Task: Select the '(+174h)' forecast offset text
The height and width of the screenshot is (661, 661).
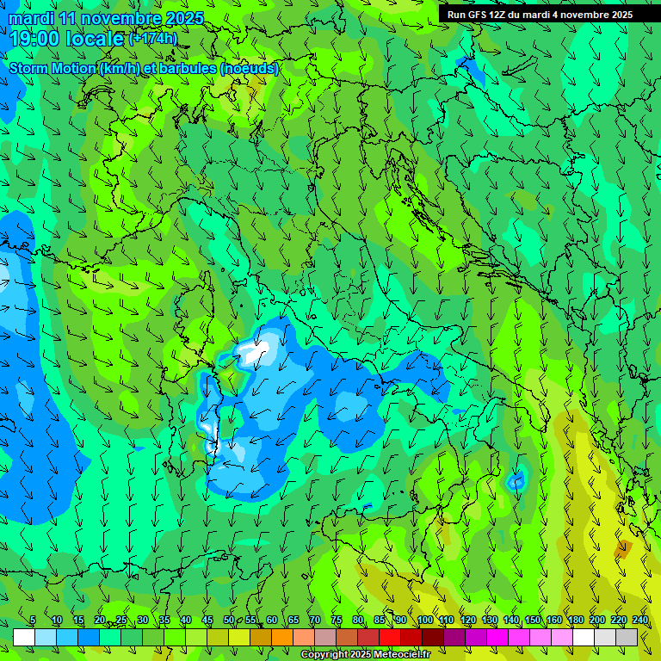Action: point(152,39)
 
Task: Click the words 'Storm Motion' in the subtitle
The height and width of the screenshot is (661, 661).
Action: point(52,68)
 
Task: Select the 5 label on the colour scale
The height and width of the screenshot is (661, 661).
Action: point(33,621)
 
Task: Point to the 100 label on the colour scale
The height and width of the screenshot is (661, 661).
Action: point(424,621)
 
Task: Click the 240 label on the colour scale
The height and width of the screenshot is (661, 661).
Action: point(639,621)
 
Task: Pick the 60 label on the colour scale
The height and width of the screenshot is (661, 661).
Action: point(271,621)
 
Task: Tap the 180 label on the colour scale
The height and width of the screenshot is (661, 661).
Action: point(575,621)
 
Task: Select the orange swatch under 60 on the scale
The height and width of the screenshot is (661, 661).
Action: point(282,637)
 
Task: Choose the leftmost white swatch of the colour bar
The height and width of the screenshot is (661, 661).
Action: point(24,637)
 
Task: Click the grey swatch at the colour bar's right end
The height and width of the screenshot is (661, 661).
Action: point(627,637)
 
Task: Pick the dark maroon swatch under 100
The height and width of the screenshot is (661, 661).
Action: point(433,637)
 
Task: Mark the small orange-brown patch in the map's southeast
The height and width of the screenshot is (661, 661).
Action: point(623,547)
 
